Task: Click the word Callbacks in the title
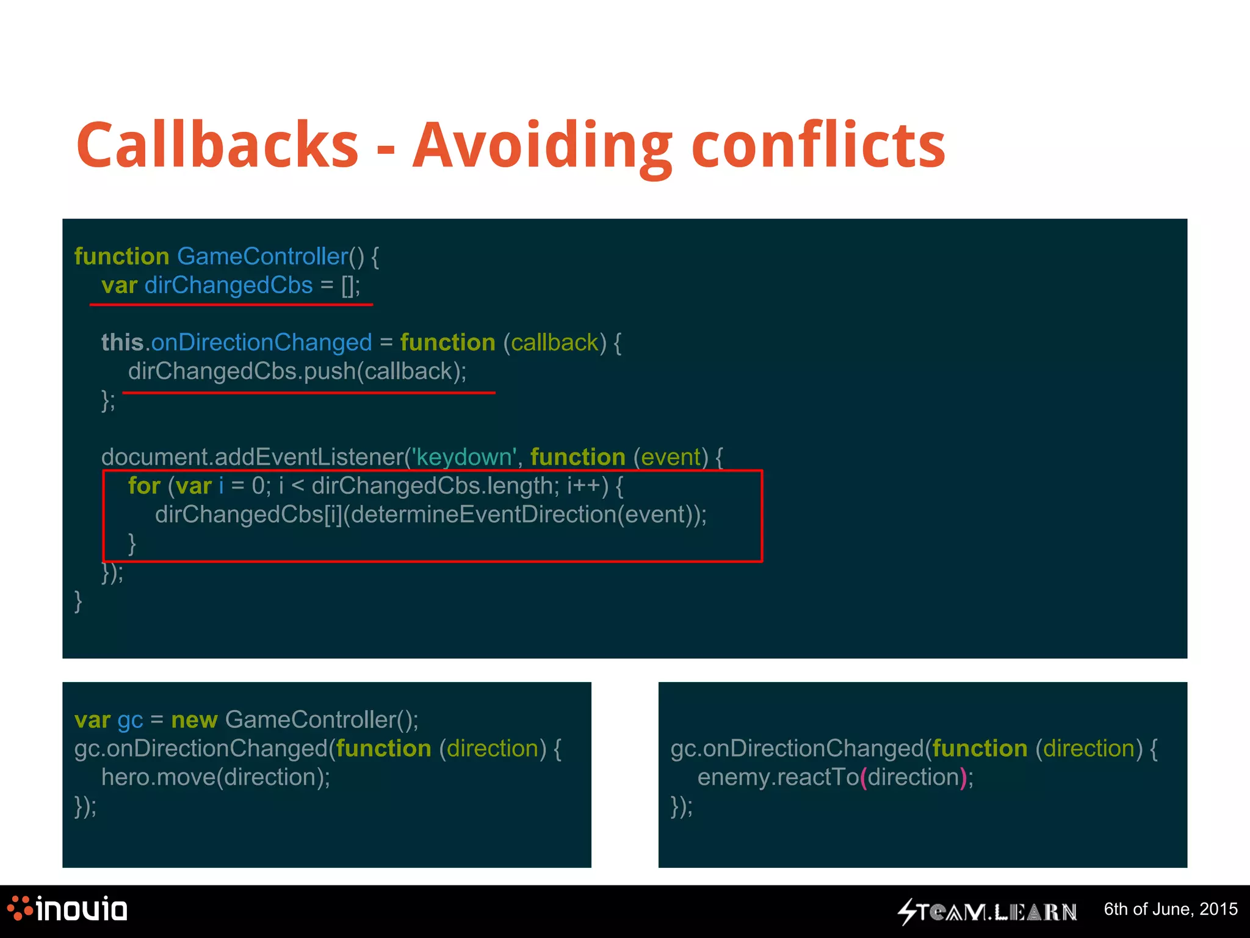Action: (217, 145)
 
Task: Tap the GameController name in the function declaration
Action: (262, 256)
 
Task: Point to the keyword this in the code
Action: (122, 343)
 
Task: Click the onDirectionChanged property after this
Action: (261, 343)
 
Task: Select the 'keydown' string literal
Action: (464, 457)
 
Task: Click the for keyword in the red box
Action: (144, 486)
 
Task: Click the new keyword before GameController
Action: (194, 720)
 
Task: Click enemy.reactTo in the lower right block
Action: (778, 777)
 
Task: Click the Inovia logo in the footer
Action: (67, 909)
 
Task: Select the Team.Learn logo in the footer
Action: (986, 912)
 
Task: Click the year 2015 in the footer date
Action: (1218, 909)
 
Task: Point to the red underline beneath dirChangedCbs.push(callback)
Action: (308, 393)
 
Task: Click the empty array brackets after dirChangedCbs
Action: (349, 286)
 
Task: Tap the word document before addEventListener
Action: (155, 457)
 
